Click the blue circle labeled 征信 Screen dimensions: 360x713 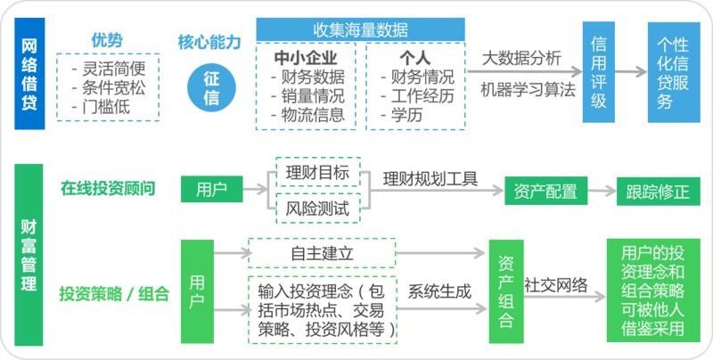coord(211,88)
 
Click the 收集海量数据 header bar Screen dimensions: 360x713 coord(360,28)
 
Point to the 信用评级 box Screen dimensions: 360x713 coord(599,73)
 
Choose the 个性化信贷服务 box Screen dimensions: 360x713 coord(674,73)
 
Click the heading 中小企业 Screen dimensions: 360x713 coord(311,59)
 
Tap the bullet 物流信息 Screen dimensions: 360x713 coord(315,114)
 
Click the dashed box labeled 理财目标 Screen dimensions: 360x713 coord(317,170)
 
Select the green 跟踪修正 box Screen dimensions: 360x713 coord(658,192)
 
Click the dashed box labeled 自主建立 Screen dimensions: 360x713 coord(321,253)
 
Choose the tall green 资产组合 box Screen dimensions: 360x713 coord(506,291)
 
